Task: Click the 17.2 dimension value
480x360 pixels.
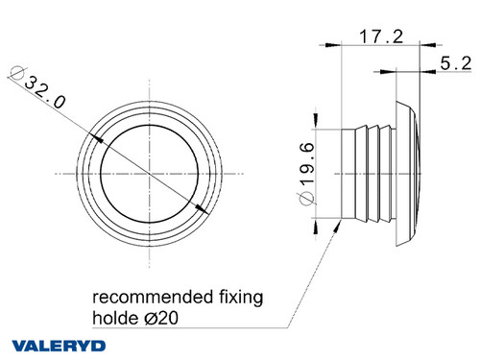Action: coord(380,36)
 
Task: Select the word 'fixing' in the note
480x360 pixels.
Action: coord(242,297)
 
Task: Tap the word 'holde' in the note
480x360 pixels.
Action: coord(115,316)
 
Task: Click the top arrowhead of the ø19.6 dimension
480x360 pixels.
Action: coord(318,127)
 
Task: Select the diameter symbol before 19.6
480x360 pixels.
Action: coord(306,199)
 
